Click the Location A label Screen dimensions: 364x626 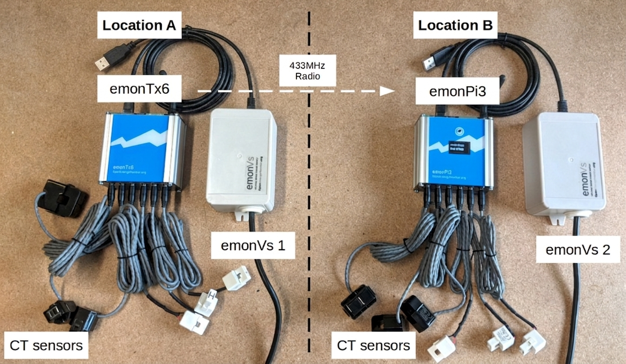pyautogui.click(x=139, y=26)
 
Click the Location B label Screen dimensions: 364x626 pyautogui.click(x=455, y=26)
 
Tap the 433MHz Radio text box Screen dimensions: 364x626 pyautogui.click(x=307, y=71)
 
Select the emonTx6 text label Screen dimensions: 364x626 pyautogui.click(x=139, y=90)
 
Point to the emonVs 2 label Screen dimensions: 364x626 pyautogui.click(x=577, y=250)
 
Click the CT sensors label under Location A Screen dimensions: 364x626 pyautogui.click(x=46, y=346)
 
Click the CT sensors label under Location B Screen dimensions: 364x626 pyautogui.click(x=374, y=346)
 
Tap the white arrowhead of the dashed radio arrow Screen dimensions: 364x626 pyautogui.click(x=387, y=91)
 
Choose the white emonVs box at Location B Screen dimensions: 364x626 pyautogui.click(x=564, y=165)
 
